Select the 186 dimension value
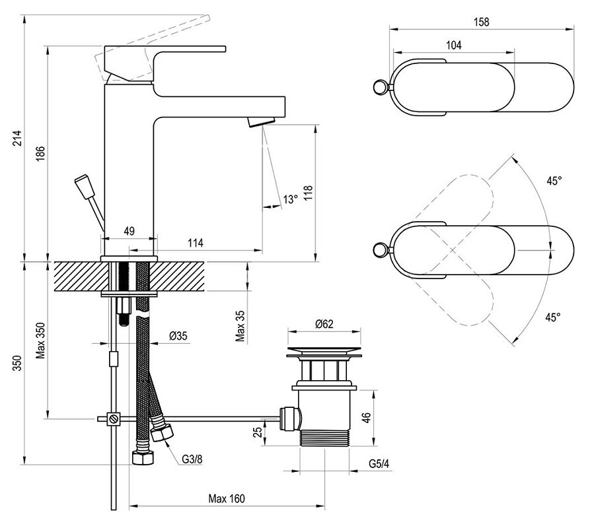click(x=40, y=153)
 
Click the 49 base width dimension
click(x=129, y=231)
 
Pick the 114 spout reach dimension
click(x=194, y=243)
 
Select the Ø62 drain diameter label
click(x=324, y=324)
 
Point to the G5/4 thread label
click(x=379, y=463)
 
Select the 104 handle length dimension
click(x=453, y=45)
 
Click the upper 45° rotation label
click(x=554, y=180)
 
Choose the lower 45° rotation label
click(x=552, y=317)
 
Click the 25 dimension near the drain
click(x=257, y=433)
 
